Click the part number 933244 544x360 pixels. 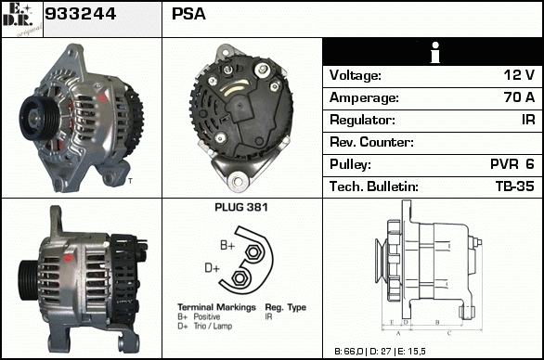click(x=80, y=14)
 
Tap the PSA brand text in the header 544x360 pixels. click(x=188, y=14)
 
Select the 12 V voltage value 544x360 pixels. click(x=519, y=75)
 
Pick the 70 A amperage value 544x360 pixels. click(x=519, y=97)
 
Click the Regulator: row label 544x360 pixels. click(x=362, y=120)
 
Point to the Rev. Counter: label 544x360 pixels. click(x=371, y=142)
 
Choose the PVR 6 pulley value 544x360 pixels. click(x=512, y=164)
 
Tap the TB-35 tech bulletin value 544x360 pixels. click(x=515, y=186)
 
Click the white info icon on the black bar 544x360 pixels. click(x=435, y=53)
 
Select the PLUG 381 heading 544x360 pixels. click(x=241, y=208)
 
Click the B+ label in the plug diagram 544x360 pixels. click(x=227, y=246)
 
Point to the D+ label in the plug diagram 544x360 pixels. click(x=212, y=268)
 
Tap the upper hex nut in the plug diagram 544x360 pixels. click(x=253, y=251)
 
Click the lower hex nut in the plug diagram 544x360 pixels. click(x=239, y=277)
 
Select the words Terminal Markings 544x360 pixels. click(x=216, y=307)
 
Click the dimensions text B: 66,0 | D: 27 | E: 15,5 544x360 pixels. click(x=380, y=352)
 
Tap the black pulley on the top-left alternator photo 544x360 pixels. click(x=38, y=117)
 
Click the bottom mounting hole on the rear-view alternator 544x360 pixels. click(x=238, y=181)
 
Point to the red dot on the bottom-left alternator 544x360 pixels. click(x=69, y=258)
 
